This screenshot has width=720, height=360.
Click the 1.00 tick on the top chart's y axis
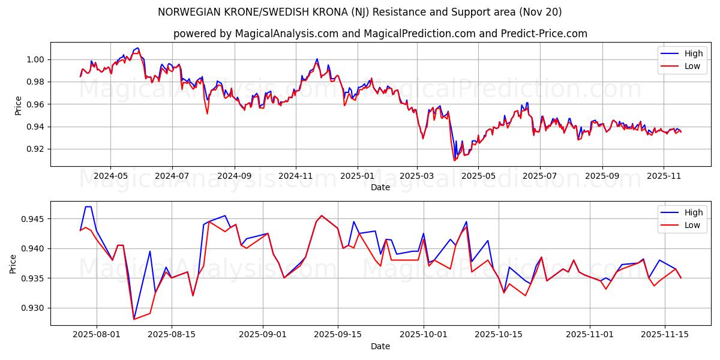[x=35, y=59]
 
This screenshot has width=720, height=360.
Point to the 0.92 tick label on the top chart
[x=35, y=149]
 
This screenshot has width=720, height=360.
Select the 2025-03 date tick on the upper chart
[x=417, y=176]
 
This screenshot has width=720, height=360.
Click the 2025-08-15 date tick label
[x=172, y=335]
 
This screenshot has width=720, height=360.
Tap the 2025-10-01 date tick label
[x=424, y=335]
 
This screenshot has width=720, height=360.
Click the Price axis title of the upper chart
[x=18, y=104]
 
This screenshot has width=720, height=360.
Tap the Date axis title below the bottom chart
[x=380, y=346]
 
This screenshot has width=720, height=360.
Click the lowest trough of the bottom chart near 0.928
[x=134, y=319]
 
